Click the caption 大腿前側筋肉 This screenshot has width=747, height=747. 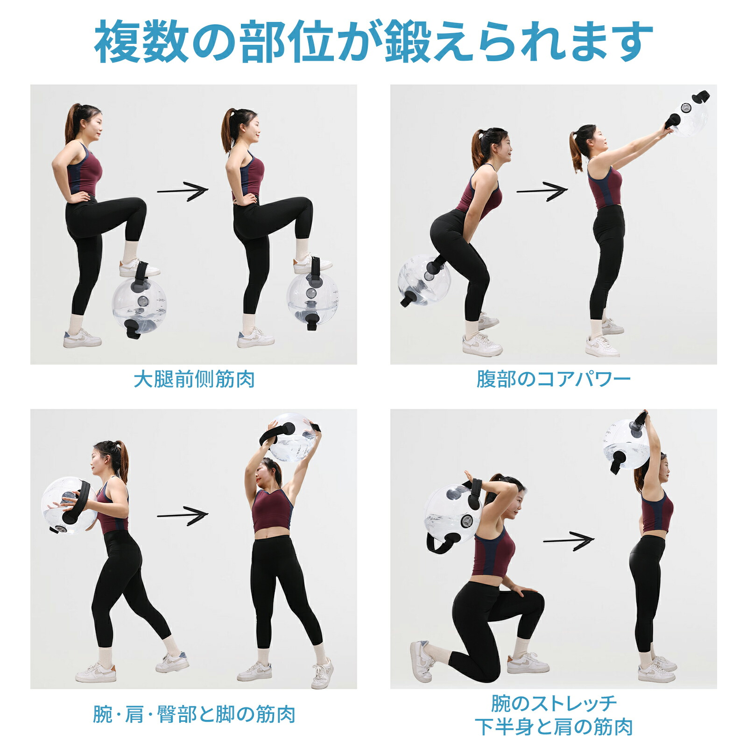click(194, 379)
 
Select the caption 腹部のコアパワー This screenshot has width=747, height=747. click(553, 379)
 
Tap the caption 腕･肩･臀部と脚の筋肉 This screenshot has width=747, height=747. click(194, 714)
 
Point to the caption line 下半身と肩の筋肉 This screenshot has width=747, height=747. click(554, 727)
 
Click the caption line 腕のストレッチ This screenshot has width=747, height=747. click(554, 703)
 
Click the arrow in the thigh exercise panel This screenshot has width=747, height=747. click(183, 191)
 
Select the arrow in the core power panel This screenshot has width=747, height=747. click(542, 191)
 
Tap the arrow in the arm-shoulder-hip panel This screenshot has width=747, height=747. click(183, 515)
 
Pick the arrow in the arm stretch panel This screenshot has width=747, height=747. click(569, 541)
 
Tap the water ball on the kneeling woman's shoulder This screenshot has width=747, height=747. click(452, 514)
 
